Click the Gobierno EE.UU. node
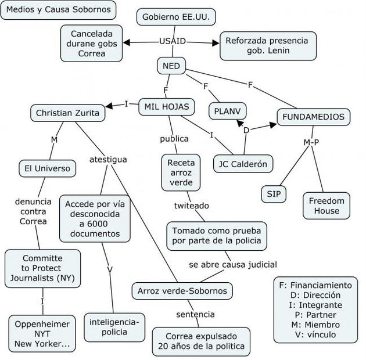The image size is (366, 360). (176, 17)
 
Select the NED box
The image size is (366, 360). (171, 66)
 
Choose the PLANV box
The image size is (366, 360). (227, 110)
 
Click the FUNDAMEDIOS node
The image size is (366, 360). (313, 117)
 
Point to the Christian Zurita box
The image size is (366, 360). (67, 113)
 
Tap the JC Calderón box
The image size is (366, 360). (243, 164)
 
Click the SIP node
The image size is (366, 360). (273, 194)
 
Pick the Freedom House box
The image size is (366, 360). (326, 206)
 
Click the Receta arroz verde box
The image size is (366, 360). (180, 172)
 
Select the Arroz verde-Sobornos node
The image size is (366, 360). (182, 290)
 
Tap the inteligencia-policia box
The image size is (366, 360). (114, 326)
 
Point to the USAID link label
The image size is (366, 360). (173, 41)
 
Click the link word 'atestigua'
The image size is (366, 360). (107, 159)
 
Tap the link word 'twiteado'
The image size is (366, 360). (192, 206)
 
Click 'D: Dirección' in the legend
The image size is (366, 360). (315, 295)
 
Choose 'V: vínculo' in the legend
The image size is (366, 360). (315, 334)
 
